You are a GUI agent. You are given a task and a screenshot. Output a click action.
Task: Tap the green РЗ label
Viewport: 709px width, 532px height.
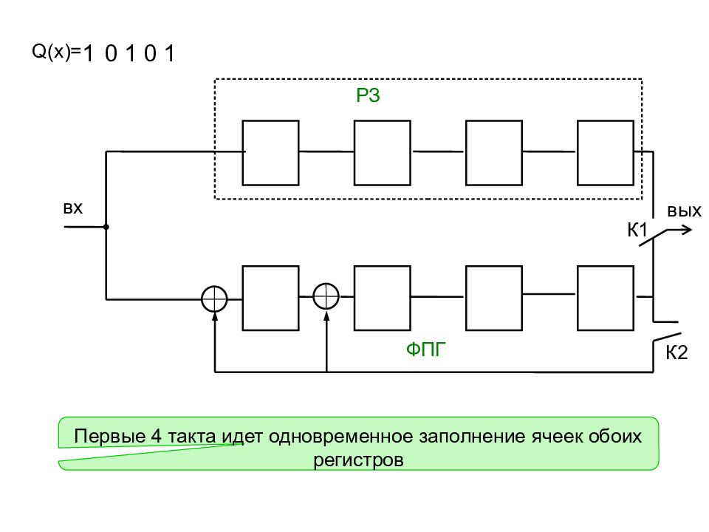[368, 97]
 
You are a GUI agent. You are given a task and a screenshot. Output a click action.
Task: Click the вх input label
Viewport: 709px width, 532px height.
[72, 210]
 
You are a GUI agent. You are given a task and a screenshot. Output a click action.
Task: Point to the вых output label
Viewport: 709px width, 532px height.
[684, 211]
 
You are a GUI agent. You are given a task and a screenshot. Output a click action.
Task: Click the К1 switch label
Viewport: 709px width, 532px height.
[637, 230]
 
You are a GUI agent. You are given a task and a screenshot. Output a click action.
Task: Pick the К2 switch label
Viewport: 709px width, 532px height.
[677, 352]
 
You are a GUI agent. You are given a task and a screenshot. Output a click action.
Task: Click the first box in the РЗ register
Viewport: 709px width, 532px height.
[271, 152]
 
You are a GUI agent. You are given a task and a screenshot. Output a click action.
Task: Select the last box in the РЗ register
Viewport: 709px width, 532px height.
[605, 152]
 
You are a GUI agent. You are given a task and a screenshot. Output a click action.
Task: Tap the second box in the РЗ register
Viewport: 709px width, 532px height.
[382, 152]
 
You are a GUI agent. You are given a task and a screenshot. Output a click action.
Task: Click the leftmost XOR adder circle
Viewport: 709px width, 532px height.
[214, 298]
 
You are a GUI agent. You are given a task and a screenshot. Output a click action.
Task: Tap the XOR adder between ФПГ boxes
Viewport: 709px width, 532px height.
[326, 296]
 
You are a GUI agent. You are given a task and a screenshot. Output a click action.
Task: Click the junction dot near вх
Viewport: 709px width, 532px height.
[106, 227]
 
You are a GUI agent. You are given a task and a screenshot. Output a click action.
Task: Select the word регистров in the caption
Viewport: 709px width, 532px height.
[358, 460]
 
